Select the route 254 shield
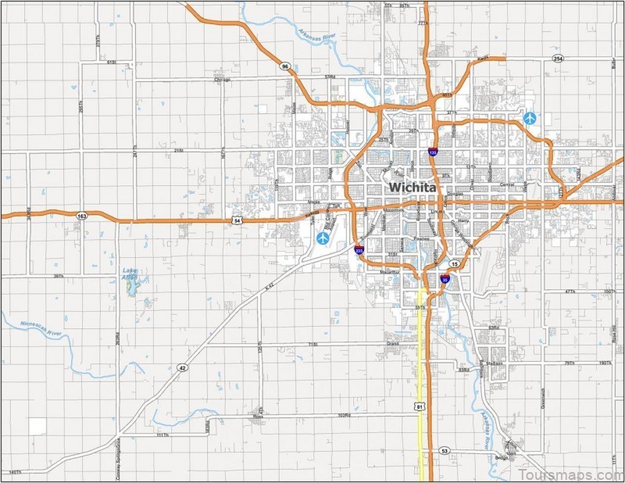[557, 59]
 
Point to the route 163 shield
[82, 215]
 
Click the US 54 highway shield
[237, 221]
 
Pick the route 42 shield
[182, 367]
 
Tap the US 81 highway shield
[420, 407]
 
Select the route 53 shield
[445, 451]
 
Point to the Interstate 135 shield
[432, 153]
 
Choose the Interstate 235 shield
[359, 250]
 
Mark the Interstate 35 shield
[444, 278]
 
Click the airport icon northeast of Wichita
[531, 118]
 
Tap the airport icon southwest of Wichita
[323, 236]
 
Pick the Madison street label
[494, 363]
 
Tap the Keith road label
[482, 58]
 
